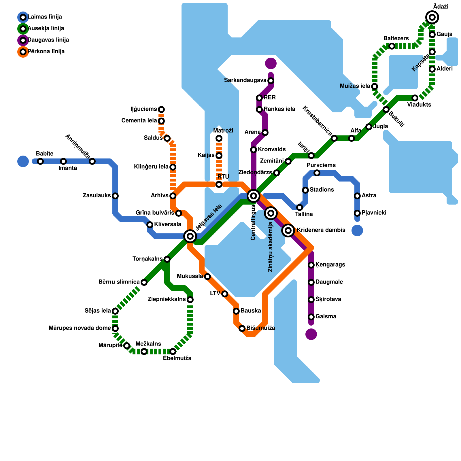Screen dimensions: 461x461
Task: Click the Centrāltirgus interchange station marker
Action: pos(254,196)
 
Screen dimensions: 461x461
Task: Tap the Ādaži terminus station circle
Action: pos(432,17)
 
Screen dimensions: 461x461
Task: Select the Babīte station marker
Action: pos(40,161)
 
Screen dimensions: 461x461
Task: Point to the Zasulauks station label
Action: pos(97,196)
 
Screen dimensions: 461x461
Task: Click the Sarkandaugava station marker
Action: pos(271,81)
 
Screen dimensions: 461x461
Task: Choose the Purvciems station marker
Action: pos(317,173)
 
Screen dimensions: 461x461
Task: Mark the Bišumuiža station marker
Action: pos(242,328)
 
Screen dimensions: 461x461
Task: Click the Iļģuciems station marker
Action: pos(161,109)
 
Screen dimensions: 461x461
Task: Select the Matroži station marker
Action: pos(219,138)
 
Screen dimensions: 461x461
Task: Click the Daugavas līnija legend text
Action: pos(48,40)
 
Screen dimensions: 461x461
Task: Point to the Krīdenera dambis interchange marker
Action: pos(288,231)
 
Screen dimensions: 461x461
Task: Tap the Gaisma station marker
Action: pos(311,317)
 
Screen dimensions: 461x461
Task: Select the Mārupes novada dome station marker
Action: pos(115,328)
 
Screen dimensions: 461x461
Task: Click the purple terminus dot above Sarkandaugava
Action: pos(271,63)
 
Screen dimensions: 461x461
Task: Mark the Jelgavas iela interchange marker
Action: pos(190,236)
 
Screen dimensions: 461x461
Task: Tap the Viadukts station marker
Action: pos(415,98)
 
